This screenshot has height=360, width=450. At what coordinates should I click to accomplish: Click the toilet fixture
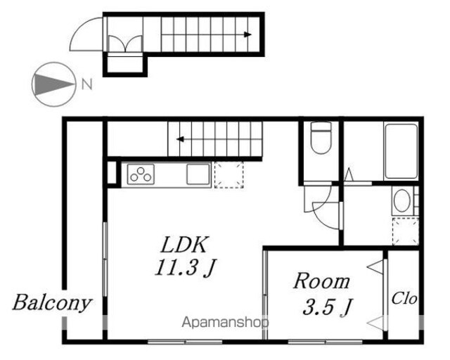(321, 137)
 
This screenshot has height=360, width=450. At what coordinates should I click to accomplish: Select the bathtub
(401, 151)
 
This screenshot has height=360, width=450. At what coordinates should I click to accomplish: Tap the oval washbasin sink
(401, 200)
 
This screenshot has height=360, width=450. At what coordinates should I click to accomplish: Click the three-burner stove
(141, 174)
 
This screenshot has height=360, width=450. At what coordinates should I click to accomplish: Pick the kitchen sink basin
(198, 174)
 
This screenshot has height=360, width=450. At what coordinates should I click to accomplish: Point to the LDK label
(184, 245)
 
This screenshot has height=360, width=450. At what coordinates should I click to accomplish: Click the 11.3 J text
(186, 268)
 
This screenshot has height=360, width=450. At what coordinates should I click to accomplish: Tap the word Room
(321, 281)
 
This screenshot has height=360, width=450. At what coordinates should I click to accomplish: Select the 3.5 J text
(328, 307)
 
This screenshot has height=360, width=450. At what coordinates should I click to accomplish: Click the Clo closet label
(404, 298)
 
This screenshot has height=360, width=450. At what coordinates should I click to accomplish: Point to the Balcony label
(52, 304)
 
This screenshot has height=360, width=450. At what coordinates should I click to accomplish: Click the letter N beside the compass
(86, 84)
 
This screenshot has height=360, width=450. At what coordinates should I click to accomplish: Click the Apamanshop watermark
(226, 323)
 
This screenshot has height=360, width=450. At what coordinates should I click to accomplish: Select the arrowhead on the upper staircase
(247, 34)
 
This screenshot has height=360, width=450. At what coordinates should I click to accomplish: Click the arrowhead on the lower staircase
(180, 139)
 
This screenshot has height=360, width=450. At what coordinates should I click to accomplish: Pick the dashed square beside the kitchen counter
(229, 175)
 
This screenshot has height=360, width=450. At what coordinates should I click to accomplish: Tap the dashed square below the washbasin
(406, 231)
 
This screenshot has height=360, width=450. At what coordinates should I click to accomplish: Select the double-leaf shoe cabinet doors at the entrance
(125, 44)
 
